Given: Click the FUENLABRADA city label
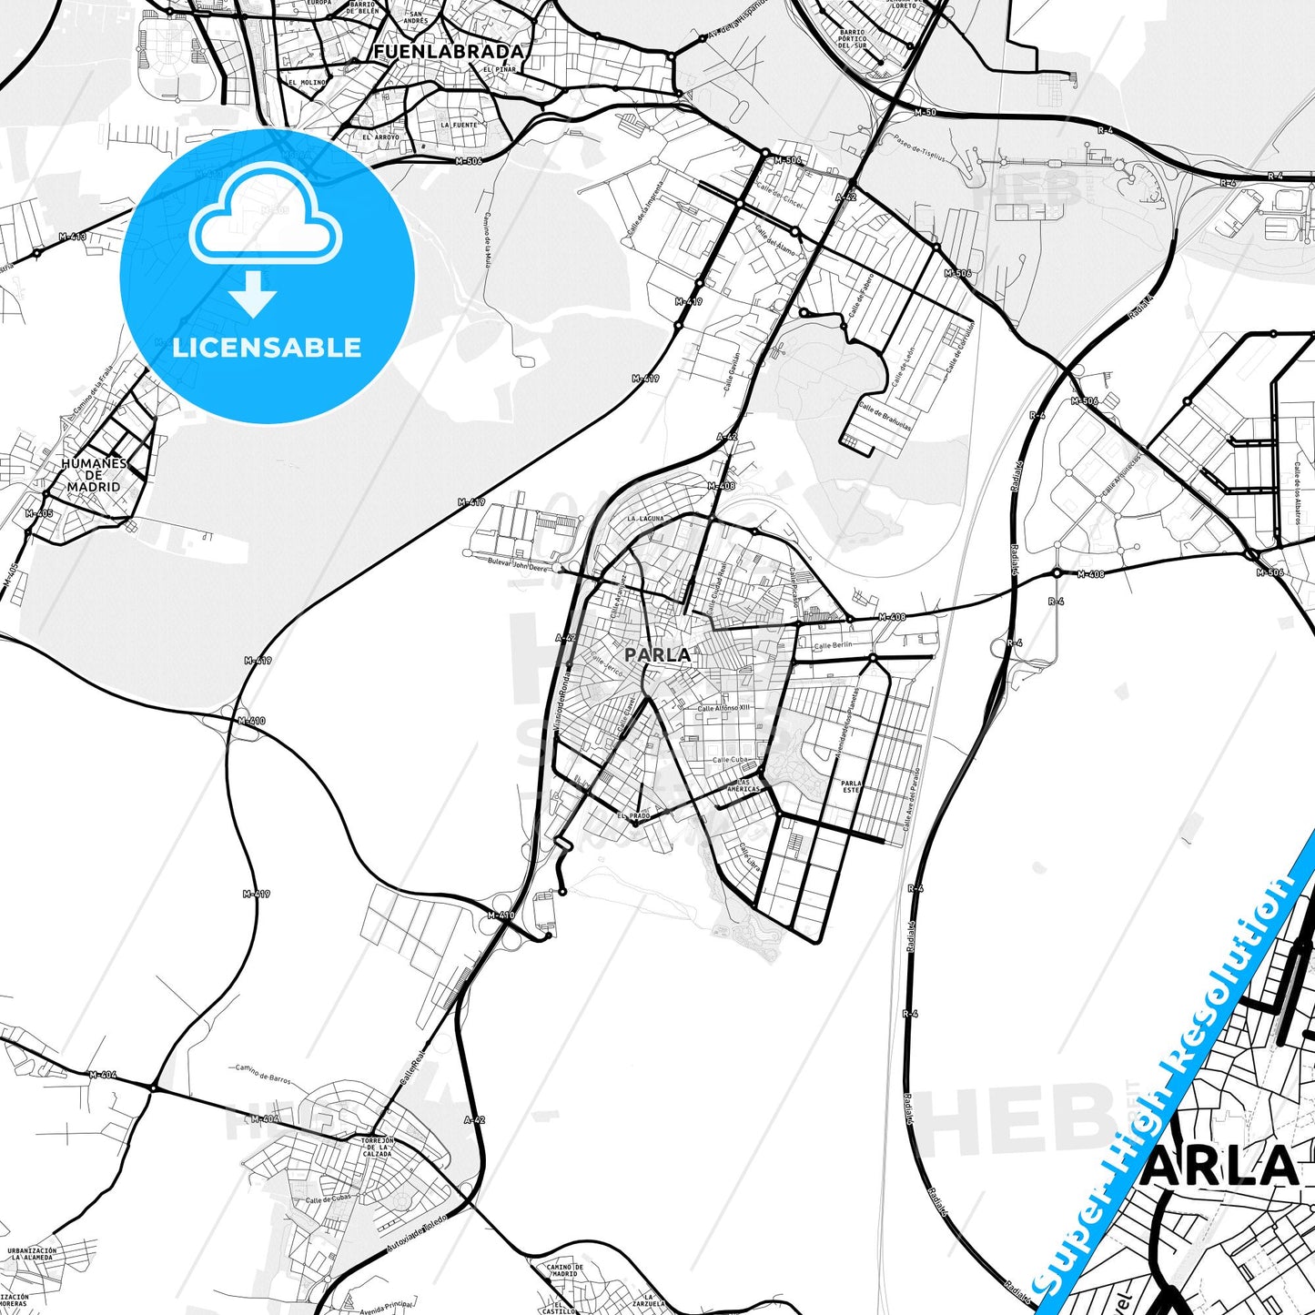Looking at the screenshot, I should tap(449, 52).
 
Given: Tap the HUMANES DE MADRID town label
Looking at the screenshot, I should tap(94, 475).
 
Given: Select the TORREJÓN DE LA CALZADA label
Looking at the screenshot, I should tap(377, 1147).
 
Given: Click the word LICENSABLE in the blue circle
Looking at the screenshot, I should tap(267, 348).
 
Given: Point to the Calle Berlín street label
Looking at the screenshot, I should tap(833, 645).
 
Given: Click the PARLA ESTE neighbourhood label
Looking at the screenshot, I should tap(851, 786).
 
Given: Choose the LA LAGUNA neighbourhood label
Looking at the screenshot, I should tap(644, 518).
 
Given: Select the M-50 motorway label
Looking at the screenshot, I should tap(925, 112).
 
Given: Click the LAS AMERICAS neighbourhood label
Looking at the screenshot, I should tap(743, 785).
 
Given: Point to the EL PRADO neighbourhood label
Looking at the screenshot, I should tap(633, 815).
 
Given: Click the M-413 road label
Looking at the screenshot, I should tap(72, 237).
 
